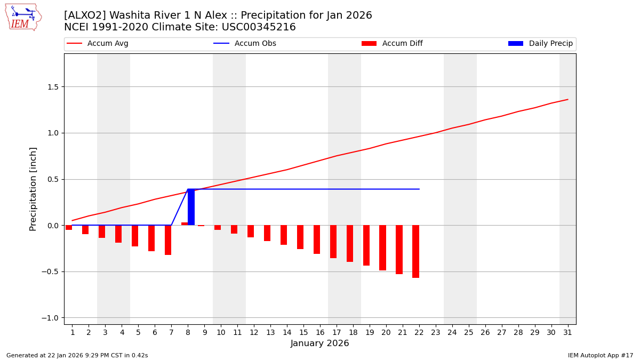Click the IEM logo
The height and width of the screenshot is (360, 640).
click(23, 17)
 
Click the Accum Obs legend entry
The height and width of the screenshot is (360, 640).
click(245, 44)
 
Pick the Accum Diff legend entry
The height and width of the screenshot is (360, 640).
click(392, 44)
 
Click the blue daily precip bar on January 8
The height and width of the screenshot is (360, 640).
click(191, 207)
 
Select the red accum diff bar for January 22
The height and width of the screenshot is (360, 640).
click(415, 251)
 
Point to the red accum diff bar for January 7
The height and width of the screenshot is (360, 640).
click(168, 240)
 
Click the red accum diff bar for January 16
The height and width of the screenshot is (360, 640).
click(317, 239)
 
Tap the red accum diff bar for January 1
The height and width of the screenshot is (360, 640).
click(69, 227)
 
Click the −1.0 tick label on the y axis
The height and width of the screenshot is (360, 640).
click(51, 318)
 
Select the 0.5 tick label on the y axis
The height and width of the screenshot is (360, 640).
click(53, 179)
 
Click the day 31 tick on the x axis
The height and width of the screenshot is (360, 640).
click(567, 332)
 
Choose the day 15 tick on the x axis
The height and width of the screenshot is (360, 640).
click(303, 332)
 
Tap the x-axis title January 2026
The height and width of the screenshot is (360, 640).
click(319, 343)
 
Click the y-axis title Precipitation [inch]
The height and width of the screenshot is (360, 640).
click(33, 189)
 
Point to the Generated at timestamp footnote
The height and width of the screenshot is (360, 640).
click(77, 355)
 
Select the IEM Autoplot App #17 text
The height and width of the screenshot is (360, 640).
click(601, 355)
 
